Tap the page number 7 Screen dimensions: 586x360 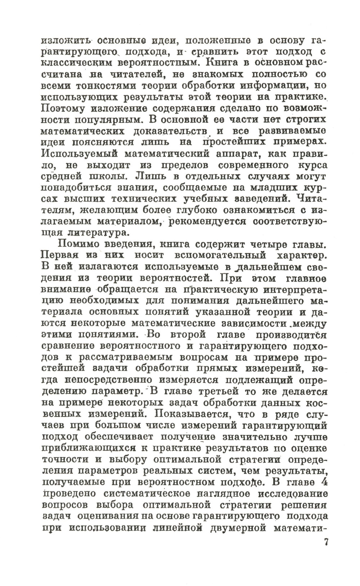[325, 542]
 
